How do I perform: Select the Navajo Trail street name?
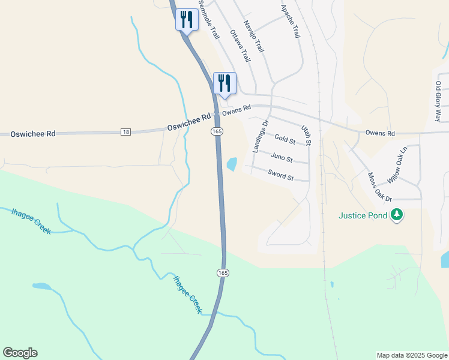(x=253, y=35)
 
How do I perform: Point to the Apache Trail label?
(x=291, y=22)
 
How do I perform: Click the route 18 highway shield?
(x=125, y=132)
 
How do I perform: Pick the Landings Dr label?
(x=259, y=136)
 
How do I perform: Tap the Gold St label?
(x=285, y=140)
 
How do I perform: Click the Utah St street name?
(x=307, y=135)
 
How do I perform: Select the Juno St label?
(x=281, y=158)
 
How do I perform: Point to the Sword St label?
(x=281, y=177)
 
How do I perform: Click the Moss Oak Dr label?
(x=379, y=187)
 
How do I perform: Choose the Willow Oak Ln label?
(x=397, y=165)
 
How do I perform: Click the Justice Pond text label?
(x=363, y=215)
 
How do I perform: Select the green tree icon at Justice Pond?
(x=396, y=214)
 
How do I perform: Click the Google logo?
(x=20, y=353)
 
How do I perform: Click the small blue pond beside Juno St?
(x=231, y=163)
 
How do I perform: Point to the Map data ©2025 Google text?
(x=411, y=355)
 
